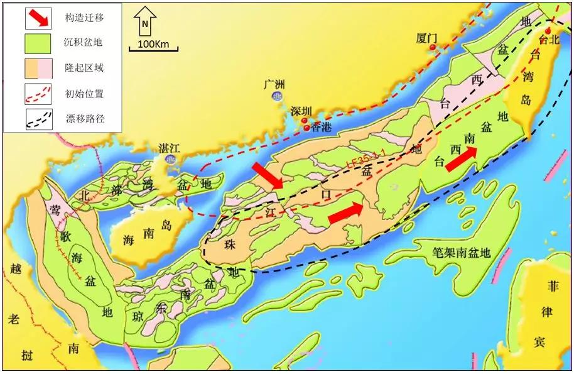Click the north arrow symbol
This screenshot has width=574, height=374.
[x=146, y=23]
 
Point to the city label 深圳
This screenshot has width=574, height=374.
[x=301, y=111]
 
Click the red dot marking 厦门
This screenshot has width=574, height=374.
[x=433, y=47]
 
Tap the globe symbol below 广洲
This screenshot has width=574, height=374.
[x=276, y=96]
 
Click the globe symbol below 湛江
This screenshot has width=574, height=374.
[x=170, y=160]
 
